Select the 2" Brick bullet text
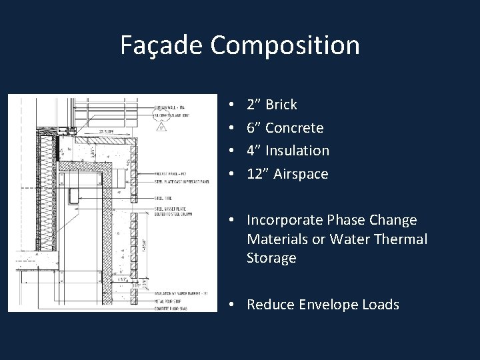click(271, 105)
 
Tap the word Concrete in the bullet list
click(294, 128)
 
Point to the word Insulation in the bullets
click(297, 151)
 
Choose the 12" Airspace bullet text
click(287, 174)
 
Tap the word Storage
click(271, 257)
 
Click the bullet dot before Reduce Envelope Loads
click(229, 305)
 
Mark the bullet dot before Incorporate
click(229, 220)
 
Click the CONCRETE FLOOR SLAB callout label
click(167, 308)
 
